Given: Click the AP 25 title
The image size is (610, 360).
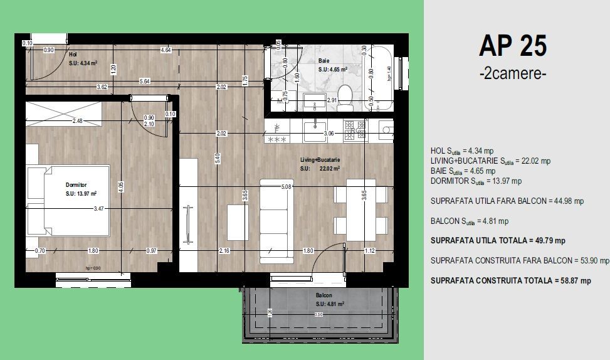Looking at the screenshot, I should click(x=512, y=46).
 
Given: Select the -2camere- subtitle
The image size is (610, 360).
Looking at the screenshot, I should click(x=512, y=73).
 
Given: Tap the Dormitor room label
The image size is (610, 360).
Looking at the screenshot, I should click(x=76, y=185).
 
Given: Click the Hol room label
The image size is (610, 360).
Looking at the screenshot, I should click(x=73, y=55).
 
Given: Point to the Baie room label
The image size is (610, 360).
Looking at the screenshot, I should click(x=324, y=61).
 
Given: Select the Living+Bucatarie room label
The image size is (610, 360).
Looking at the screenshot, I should click(x=320, y=161).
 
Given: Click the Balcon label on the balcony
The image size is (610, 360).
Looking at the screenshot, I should click(x=323, y=295).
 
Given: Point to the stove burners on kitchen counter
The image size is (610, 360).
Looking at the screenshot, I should click(x=355, y=130).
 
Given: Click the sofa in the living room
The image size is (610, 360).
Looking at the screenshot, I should click(x=277, y=221).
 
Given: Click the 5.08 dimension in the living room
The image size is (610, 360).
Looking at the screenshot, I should click(x=288, y=186).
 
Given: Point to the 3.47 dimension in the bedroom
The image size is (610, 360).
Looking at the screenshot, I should click(x=98, y=208).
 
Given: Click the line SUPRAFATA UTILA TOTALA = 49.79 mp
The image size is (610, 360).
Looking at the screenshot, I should click(x=498, y=240).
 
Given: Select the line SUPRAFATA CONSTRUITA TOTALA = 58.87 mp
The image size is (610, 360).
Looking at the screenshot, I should click(x=510, y=281).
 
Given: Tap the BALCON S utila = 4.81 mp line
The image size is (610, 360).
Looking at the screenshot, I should click(x=470, y=221).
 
